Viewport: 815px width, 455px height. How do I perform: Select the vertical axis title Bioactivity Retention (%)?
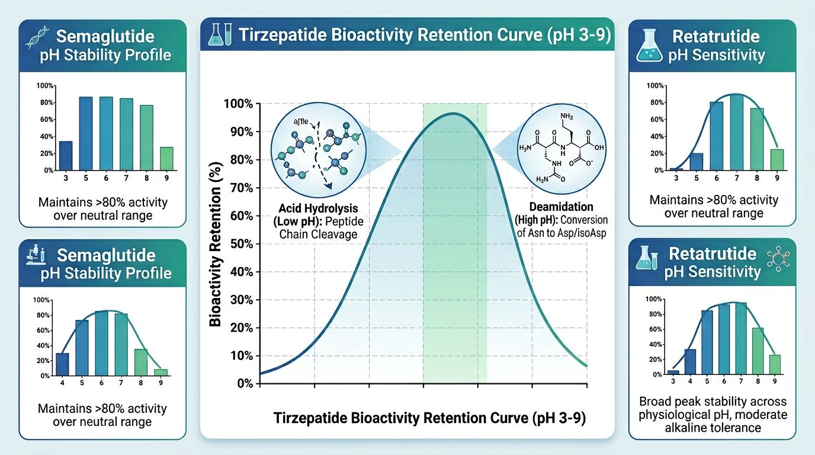[216, 244]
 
